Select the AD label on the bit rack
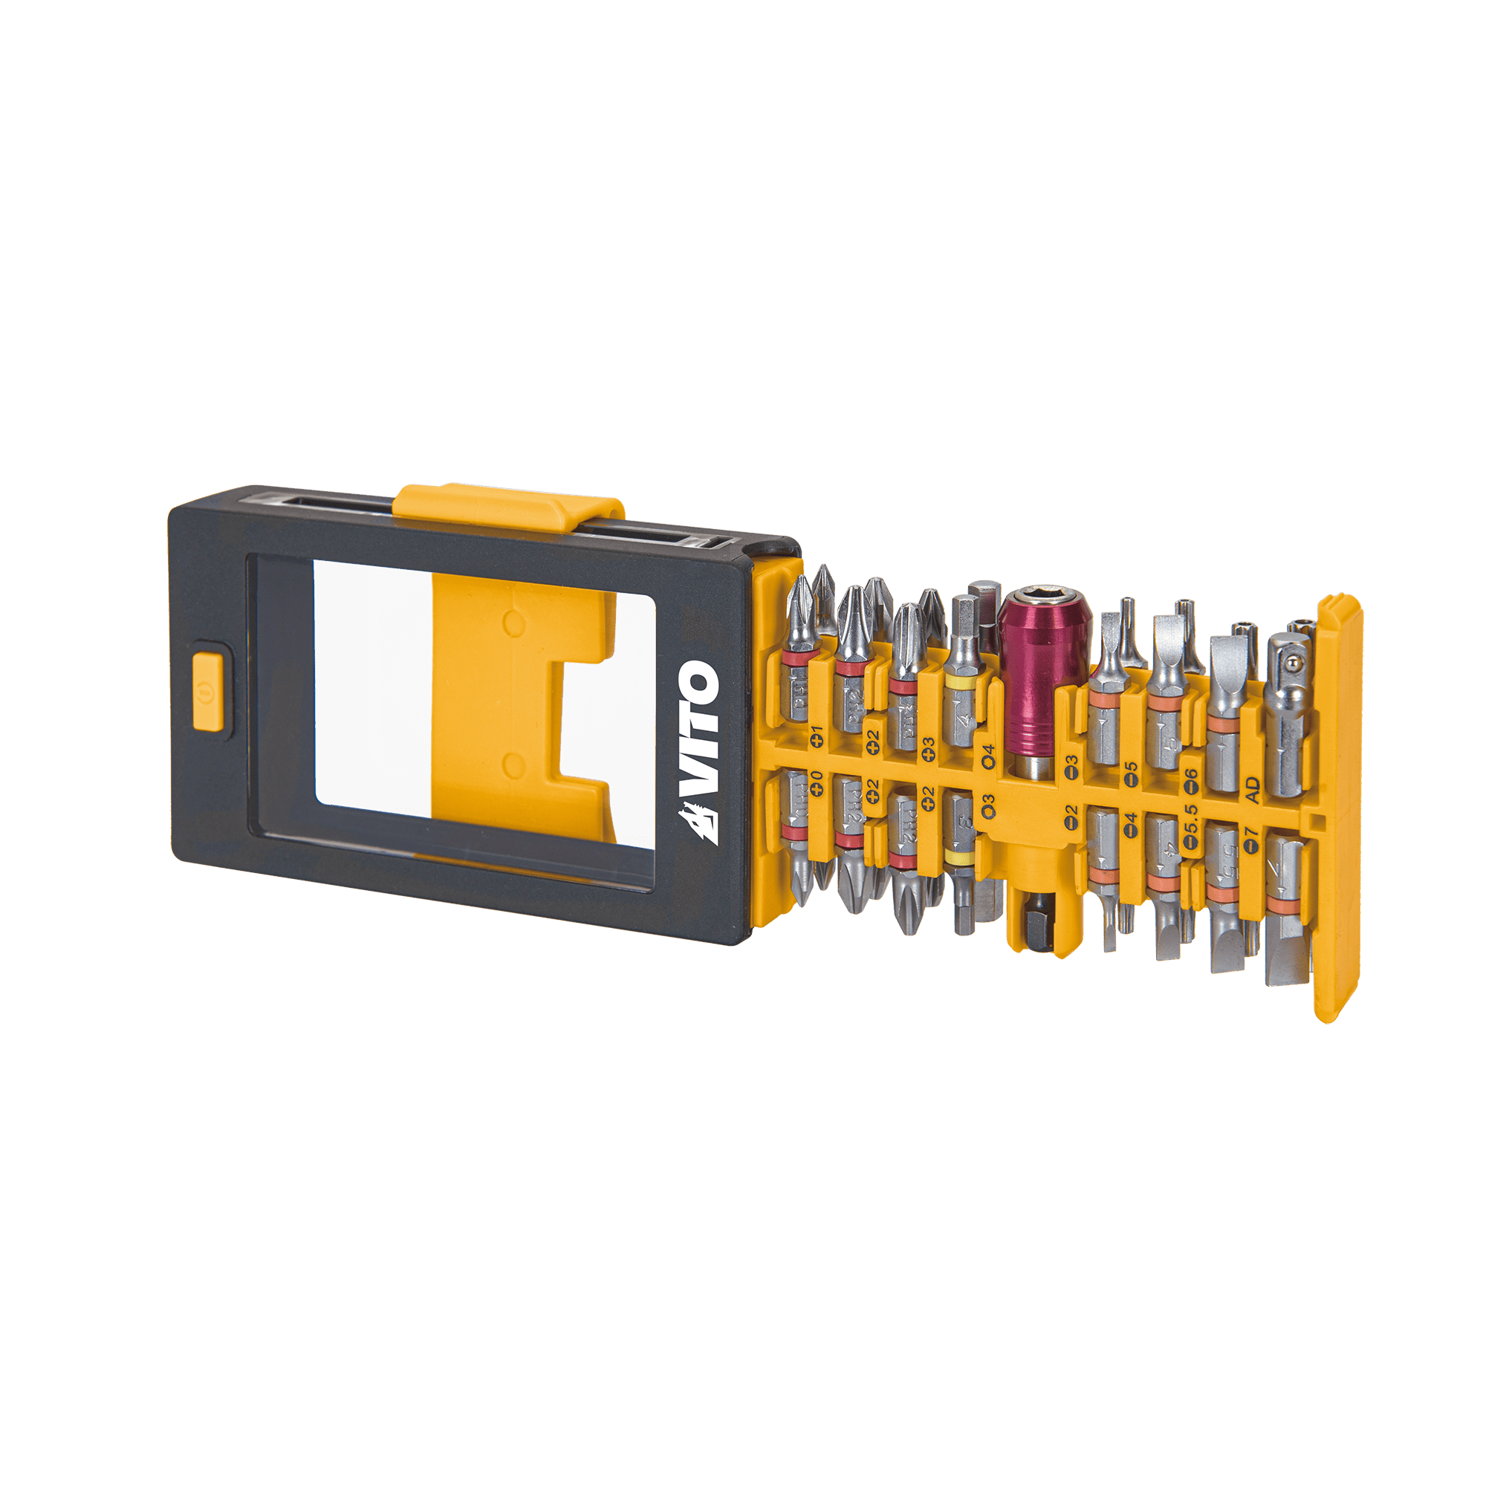[1252, 789]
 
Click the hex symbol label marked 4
[988, 756]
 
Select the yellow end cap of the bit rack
[1339, 808]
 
